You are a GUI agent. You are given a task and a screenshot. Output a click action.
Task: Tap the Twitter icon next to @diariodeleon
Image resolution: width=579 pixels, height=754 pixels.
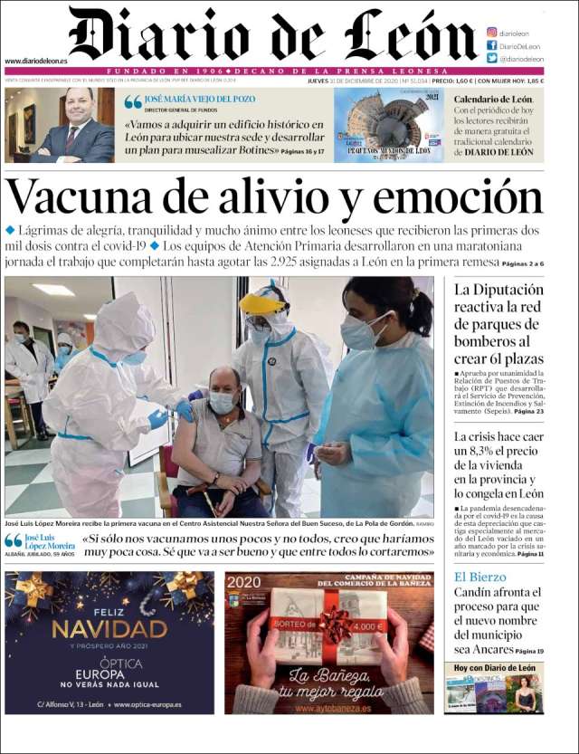pyautogui.click(x=492, y=58)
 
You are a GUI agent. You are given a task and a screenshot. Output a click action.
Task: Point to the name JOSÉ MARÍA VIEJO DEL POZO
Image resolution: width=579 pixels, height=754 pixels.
pyautogui.click(x=200, y=99)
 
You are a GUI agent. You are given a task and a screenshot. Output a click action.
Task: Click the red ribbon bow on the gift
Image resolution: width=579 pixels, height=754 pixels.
pyautogui.click(x=334, y=625)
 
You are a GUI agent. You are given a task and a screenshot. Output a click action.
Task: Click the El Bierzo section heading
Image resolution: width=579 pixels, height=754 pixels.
pyautogui.click(x=479, y=577)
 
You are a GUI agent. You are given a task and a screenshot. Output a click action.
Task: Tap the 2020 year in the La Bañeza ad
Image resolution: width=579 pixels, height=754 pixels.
pyautogui.click(x=244, y=583)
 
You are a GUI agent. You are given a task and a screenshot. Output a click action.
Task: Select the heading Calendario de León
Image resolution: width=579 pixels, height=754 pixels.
pyautogui.click(x=493, y=99)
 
